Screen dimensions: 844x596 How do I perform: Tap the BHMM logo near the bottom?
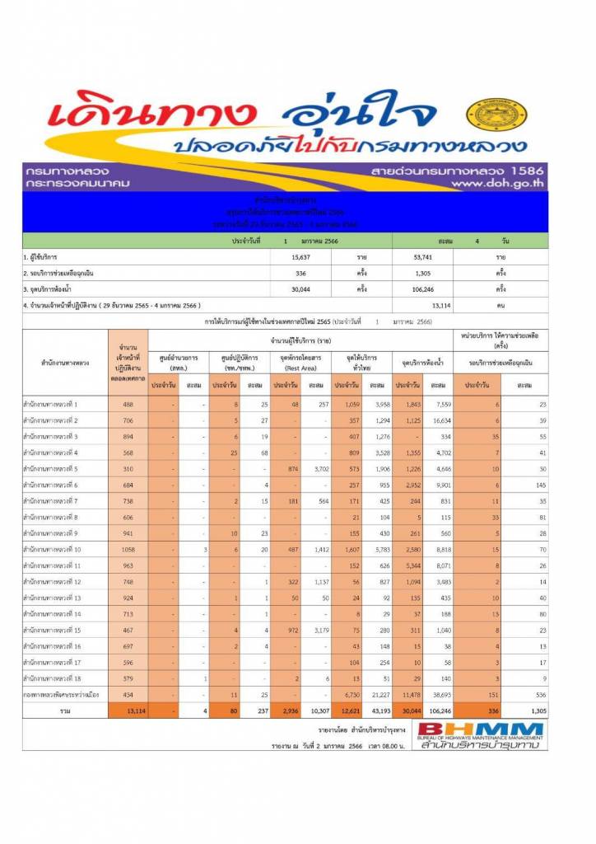point(481,736)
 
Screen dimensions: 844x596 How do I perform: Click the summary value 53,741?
point(428,257)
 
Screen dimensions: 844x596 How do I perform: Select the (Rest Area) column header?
point(300,367)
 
